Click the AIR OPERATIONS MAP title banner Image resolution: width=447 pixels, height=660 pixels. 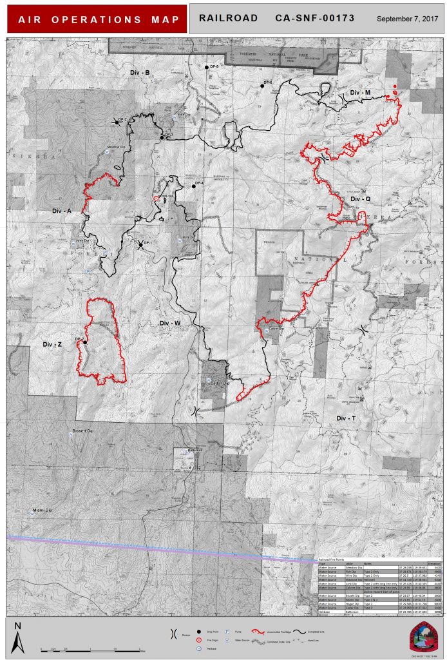click(x=96, y=19)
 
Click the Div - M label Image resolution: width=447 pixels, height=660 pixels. click(x=360, y=93)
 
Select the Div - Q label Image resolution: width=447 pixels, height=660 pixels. click(x=360, y=199)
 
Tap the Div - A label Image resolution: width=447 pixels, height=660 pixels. click(x=61, y=211)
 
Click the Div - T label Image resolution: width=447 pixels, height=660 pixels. click(x=346, y=418)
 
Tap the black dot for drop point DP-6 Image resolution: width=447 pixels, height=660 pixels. click(x=262, y=85)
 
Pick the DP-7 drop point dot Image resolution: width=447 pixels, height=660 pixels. click(x=84, y=342)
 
